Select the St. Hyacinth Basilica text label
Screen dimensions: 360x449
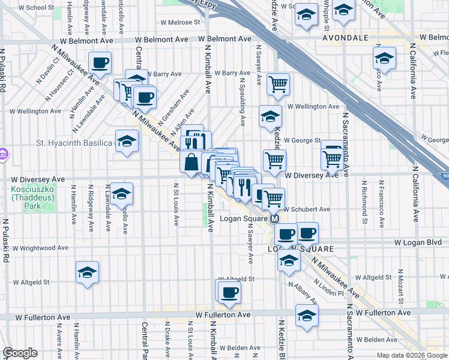click(74, 143)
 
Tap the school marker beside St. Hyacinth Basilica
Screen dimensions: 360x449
click(126, 142)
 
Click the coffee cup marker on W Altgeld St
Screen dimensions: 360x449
click(228, 293)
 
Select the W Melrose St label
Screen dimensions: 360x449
click(179, 22)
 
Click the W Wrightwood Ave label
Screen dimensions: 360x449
click(41, 248)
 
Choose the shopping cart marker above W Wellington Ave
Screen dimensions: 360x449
click(278, 85)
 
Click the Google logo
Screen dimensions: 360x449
click(20, 353)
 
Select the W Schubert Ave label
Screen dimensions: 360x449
click(307, 209)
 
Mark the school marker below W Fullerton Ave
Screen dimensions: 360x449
click(307, 316)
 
